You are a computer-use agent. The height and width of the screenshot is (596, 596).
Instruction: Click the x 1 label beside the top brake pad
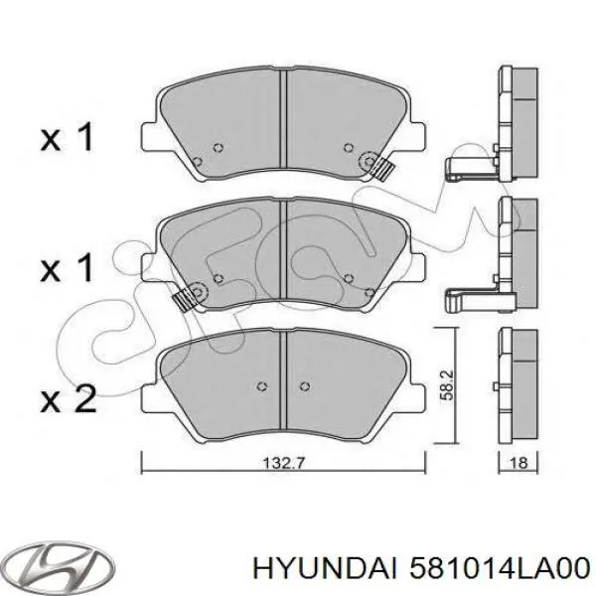67,138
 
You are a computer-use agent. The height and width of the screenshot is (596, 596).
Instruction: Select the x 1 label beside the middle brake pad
67,267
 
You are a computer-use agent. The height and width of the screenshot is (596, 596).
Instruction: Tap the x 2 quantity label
67,399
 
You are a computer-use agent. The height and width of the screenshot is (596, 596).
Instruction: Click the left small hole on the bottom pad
260,386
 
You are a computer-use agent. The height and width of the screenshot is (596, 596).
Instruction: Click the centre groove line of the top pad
284,119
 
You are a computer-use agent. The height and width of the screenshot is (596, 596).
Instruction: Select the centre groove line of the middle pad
284,248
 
